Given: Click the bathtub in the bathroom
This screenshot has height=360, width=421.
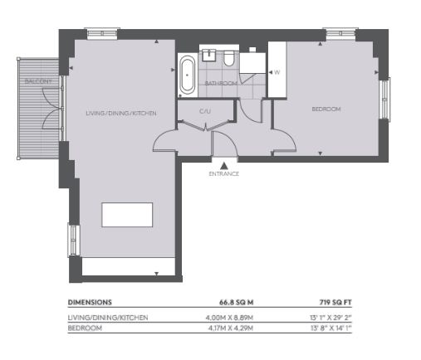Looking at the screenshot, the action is click(188, 75).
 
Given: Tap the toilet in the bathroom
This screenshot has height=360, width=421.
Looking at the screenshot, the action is click(229, 58).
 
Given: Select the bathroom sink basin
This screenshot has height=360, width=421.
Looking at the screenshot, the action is click(209, 55).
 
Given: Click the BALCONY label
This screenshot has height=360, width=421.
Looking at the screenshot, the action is click(38, 81).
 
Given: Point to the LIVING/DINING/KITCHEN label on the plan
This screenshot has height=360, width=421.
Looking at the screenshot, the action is click(121, 113).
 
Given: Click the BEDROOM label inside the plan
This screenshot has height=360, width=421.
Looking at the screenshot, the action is click(326, 109).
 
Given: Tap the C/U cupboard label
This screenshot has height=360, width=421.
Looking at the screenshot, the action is click(205, 111).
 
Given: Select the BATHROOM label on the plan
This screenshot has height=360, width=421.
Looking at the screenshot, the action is click(221, 83).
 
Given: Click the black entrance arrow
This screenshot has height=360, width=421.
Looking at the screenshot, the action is click(224, 166).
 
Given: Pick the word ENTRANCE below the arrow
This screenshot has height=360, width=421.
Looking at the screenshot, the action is click(224, 174).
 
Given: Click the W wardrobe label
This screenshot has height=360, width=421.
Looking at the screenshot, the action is click(277, 72).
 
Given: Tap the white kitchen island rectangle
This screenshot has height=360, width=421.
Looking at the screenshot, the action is click(127, 215).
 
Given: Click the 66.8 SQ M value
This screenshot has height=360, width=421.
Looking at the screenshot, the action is click(237, 302).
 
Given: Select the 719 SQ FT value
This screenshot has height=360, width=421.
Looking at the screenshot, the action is click(335, 302).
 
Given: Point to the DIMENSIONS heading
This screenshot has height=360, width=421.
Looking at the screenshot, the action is click(90, 302).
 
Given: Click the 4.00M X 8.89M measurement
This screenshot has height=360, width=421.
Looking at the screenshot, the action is click(229, 318).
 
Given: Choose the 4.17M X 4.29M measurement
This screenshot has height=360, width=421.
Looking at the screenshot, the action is click(231, 328).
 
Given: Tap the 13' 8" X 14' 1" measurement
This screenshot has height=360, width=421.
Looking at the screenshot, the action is click(331, 328).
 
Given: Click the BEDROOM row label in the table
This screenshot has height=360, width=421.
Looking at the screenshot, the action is click(85, 328).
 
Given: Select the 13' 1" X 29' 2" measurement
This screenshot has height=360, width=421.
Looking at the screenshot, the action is click(330, 318).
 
